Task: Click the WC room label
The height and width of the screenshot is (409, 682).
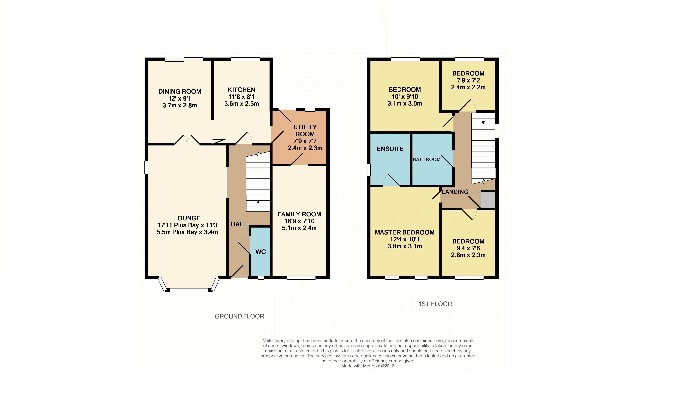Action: coord(261,252)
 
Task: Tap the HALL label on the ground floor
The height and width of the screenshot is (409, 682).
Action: coord(239,224)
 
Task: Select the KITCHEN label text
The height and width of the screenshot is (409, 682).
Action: coord(241,90)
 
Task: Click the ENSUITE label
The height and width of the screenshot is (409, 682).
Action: coord(390,149)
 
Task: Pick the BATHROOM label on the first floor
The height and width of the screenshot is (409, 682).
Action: coord(427,159)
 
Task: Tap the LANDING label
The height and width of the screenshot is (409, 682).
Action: coord(455,192)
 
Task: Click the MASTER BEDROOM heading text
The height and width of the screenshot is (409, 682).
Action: coord(405,232)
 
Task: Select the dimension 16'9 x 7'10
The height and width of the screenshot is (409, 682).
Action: coord(299,221)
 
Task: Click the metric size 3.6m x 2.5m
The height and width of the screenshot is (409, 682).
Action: coord(241,104)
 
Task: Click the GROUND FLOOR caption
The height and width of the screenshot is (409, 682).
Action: coord(239,316)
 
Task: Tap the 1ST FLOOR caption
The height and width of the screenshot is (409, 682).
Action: coord(435,304)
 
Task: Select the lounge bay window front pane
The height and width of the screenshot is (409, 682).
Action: coord(189,290)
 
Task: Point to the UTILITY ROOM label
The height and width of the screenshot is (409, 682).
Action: coord(305,131)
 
